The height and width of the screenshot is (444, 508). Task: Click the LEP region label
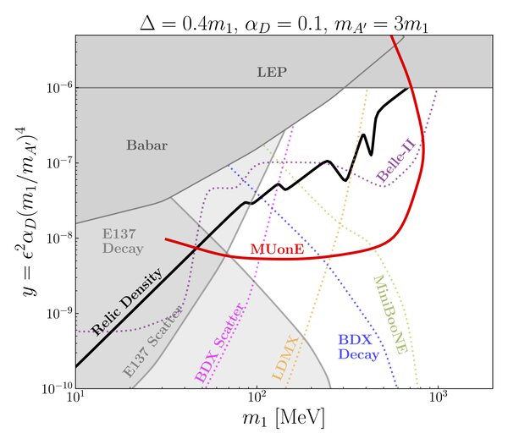pyautogui.click(x=272, y=72)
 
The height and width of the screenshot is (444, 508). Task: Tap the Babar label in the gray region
pyautogui.click(x=146, y=145)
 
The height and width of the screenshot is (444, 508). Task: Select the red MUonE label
pyautogui.click(x=277, y=249)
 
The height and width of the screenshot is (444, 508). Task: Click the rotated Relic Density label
pyautogui.click(x=127, y=302)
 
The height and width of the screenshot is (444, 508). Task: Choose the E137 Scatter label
pyautogui.click(x=152, y=343)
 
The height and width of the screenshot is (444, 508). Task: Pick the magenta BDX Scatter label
pyautogui.click(x=218, y=343)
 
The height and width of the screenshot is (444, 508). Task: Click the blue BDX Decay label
pyautogui.click(x=359, y=348)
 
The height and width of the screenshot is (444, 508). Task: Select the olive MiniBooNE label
pyautogui.click(x=390, y=315)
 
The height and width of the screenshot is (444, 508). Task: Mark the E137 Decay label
pyautogui.click(x=123, y=241)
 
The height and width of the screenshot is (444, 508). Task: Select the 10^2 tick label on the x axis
pyautogui.click(x=257, y=397)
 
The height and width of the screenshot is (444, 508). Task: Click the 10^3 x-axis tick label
pyautogui.click(x=438, y=397)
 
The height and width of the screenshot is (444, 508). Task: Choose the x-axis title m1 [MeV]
pyautogui.click(x=283, y=419)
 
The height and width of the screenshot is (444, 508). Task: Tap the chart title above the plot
pyautogui.click(x=284, y=25)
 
